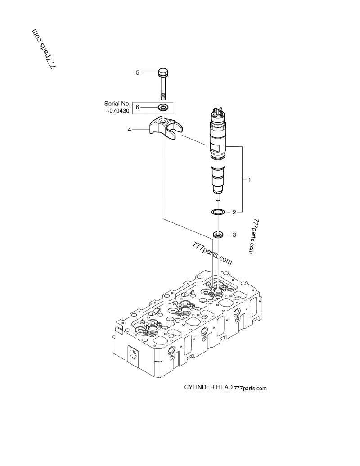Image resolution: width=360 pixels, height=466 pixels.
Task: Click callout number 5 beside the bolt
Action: (138, 72)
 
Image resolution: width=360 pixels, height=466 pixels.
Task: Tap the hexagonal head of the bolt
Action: (163, 72)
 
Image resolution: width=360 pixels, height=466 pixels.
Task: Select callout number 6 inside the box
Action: (137, 107)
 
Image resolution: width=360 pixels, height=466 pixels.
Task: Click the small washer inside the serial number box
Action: (163, 107)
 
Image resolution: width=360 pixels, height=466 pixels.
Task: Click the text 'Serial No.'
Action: (117, 104)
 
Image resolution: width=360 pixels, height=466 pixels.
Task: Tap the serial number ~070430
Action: (117, 111)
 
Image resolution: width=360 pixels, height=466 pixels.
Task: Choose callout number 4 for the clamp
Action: (130, 130)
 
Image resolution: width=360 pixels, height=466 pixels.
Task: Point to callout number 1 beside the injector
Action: (249, 180)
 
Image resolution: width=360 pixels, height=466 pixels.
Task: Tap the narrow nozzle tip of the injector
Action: (218, 197)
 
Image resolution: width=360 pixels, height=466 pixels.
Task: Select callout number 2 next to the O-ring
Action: (234, 212)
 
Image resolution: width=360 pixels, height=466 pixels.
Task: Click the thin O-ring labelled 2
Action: (218, 212)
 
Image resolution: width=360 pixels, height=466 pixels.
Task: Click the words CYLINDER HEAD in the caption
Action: (208, 387)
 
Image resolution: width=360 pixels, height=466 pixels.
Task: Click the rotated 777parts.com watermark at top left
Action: (44, 50)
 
